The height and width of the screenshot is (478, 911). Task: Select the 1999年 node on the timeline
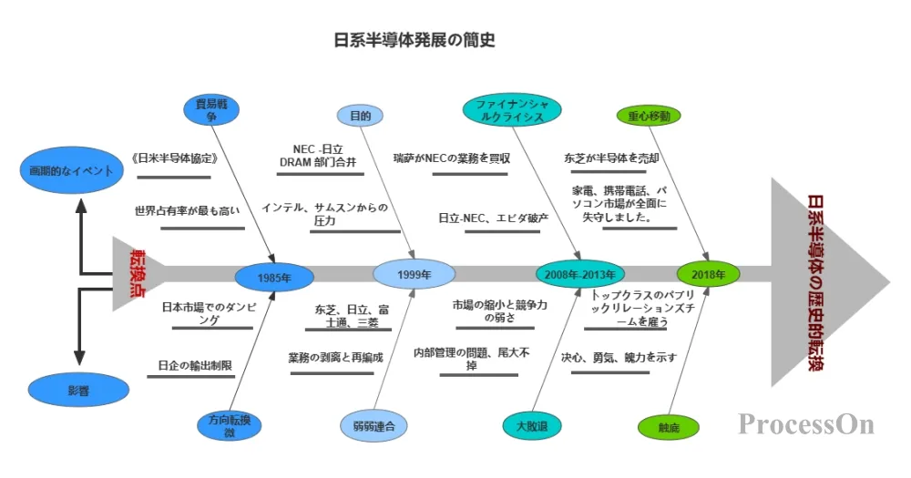pos(414,274)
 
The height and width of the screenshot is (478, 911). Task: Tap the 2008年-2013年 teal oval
pos(580,274)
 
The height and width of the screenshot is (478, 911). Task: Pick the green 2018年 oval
pos(708,273)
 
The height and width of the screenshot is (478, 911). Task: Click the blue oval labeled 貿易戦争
pos(211,110)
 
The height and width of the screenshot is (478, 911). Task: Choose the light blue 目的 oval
pos(360,116)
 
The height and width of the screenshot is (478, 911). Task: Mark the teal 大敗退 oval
pos(531,425)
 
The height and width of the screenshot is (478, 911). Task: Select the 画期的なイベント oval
pos(70,170)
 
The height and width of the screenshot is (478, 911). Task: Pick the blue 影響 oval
pos(78,390)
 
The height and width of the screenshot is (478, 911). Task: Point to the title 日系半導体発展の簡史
pos(415,41)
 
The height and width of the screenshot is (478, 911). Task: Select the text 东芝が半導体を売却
pos(611,158)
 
